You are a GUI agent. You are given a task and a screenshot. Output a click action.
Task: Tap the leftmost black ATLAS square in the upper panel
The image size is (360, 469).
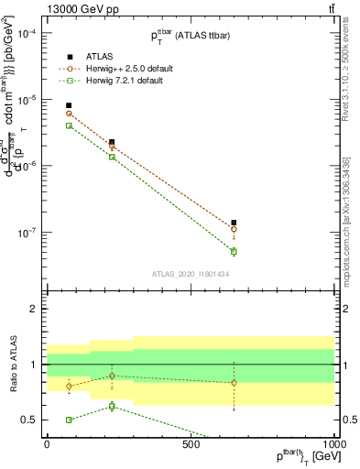(69, 106)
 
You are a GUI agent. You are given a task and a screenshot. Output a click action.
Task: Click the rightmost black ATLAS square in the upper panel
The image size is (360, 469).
(234, 223)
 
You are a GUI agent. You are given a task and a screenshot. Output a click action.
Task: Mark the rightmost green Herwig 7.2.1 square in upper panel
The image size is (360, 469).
(234, 251)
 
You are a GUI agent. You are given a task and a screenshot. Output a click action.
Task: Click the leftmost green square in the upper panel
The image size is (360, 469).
(69, 125)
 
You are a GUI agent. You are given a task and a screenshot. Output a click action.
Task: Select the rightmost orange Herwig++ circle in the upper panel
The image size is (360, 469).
(234, 229)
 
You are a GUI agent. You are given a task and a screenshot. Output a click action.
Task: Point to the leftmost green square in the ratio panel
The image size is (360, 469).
(69, 420)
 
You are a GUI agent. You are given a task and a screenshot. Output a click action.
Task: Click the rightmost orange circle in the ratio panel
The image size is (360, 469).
(234, 383)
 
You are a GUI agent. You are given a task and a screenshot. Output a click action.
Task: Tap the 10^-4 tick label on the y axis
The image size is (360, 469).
(28, 33)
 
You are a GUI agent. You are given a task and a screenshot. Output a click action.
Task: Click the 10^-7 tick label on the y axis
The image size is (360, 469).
(28, 232)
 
